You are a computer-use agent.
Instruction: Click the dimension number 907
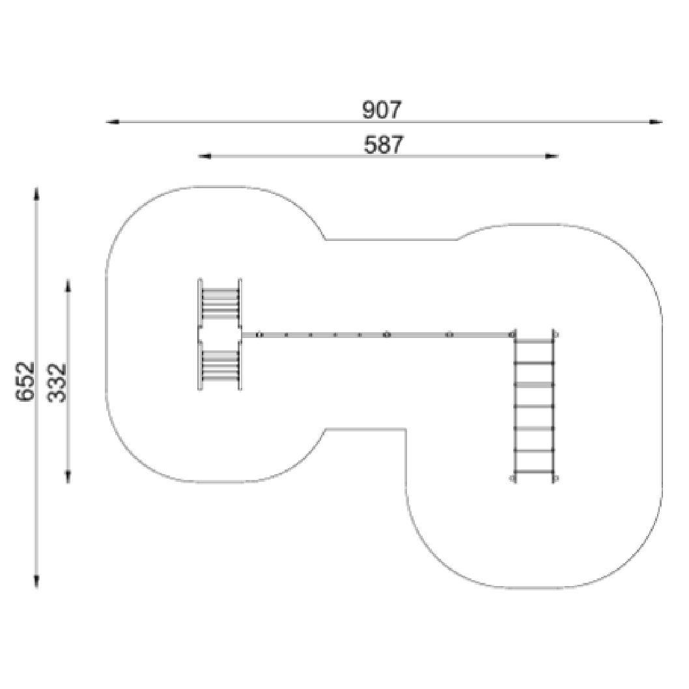(382, 110)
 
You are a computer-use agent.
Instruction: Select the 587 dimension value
(383, 145)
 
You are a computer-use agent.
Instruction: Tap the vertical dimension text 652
(25, 381)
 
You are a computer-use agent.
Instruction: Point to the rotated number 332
(57, 382)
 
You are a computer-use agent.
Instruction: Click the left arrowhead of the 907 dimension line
(113, 122)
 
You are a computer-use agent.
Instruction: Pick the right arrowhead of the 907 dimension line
(656, 122)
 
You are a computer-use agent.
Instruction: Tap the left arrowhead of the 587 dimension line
(204, 156)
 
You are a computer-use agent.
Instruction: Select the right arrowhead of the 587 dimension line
(552, 156)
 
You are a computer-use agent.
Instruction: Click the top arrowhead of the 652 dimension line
(36, 194)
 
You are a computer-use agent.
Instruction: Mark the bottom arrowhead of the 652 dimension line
(36, 581)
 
